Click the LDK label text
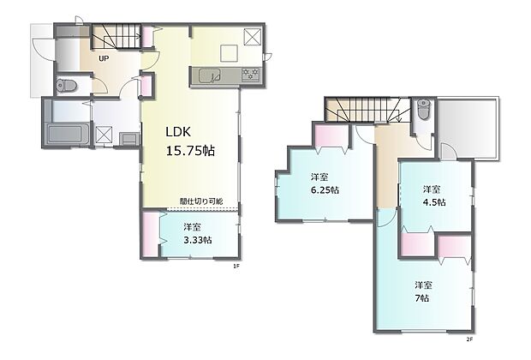tap(178, 132)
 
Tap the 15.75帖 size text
tap(190, 151)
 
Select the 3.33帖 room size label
tap(198, 240)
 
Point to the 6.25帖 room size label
tap(325, 189)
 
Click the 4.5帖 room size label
tap(434, 202)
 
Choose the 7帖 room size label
tap(422, 298)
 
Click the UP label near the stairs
tap(104, 58)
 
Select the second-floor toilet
tap(423, 109)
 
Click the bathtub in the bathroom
tap(68, 135)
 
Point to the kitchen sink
tap(210, 75)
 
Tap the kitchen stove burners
tap(251, 75)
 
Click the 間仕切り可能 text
tap(201, 201)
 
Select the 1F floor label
tap(236, 267)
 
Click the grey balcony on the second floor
tap(468, 128)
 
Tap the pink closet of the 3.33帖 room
tap(150, 234)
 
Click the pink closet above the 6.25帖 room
tap(331, 135)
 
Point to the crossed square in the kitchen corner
tap(253, 37)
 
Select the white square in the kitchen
tap(230, 53)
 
